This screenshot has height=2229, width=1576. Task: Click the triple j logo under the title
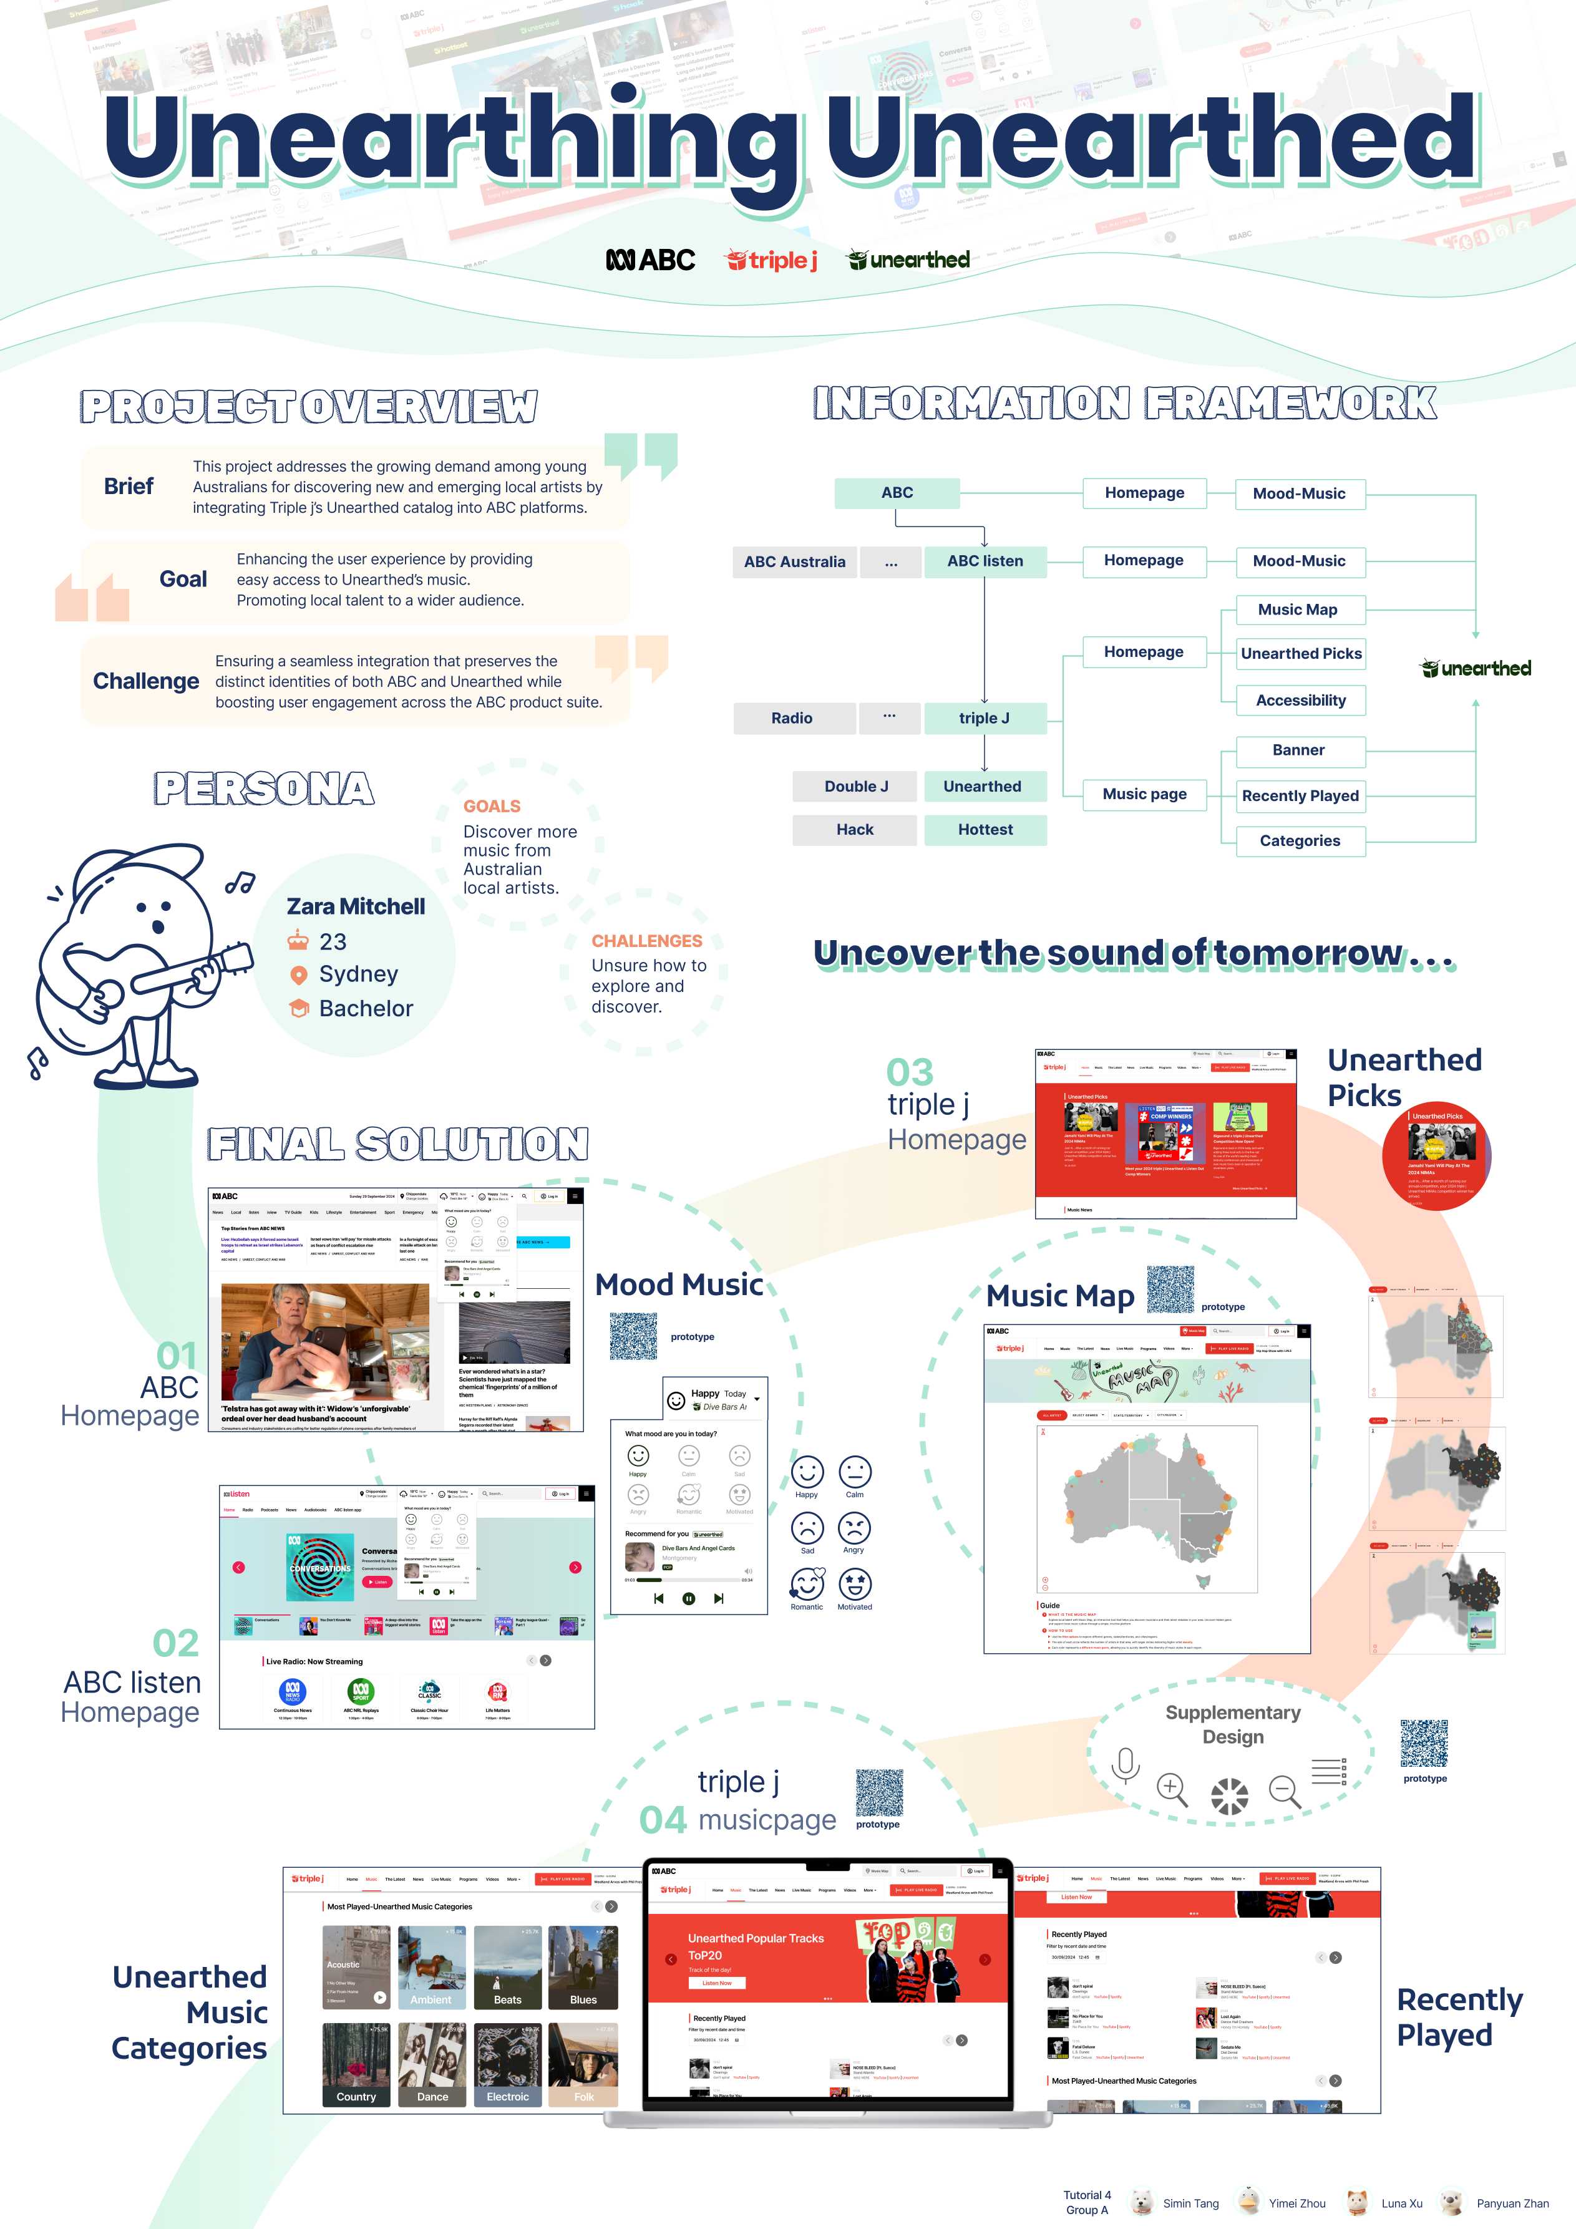coord(772,260)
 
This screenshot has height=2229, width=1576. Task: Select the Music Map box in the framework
coord(1299,609)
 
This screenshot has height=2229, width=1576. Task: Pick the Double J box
coord(855,787)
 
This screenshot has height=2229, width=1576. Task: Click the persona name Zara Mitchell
coord(356,906)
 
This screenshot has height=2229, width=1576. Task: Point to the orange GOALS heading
coord(492,807)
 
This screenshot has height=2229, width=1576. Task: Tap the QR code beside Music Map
coord(1170,1289)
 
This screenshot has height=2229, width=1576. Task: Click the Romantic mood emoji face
coord(806,1585)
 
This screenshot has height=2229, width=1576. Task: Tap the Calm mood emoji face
coord(855,1472)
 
